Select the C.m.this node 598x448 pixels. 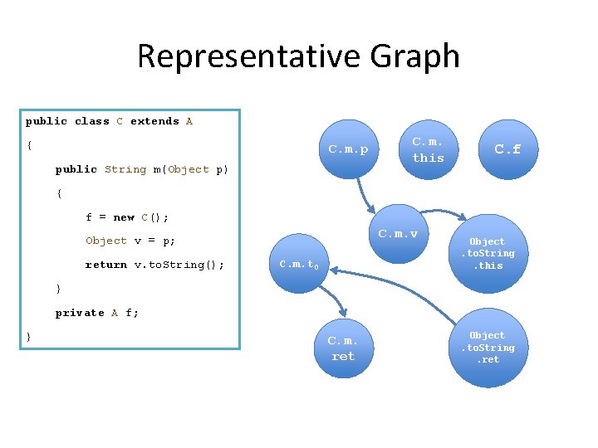[x=428, y=150]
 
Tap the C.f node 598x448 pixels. [x=507, y=150]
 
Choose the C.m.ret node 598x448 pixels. [x=342, y=348]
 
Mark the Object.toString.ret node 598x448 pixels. [x=488, y=348]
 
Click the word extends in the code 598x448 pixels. [x=154, y=121]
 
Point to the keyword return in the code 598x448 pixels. [x=105, y=265]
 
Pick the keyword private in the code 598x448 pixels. [x=80, y=313]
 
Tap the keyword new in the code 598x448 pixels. [x=124, y=217]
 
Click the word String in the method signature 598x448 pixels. [x=125, y=169]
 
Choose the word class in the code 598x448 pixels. [x=91, y=121]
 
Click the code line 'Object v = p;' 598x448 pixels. [x=130, y=241]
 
